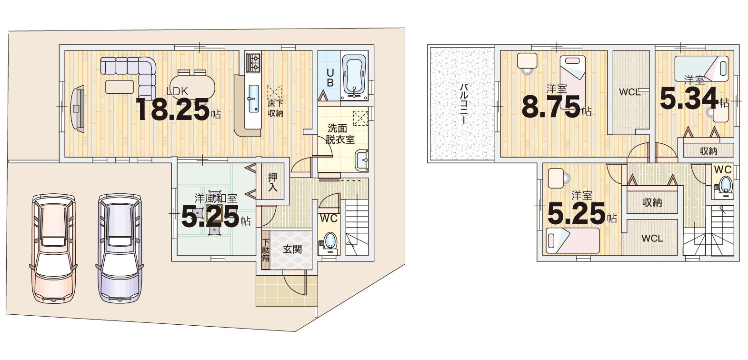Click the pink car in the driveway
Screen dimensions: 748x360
53,249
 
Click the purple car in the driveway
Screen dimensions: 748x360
120,249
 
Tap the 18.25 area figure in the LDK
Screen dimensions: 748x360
172,109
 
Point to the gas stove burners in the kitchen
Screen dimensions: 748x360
253,62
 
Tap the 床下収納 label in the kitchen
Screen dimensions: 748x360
275,108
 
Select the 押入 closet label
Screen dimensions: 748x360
272,182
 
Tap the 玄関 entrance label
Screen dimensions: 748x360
292,249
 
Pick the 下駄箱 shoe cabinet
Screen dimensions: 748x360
266,250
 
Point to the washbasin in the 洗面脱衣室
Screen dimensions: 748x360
362,161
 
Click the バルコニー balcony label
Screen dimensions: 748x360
464,104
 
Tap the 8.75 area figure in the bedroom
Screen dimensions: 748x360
551,107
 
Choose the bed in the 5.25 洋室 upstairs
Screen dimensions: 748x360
572,240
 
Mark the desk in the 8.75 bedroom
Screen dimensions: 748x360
527,61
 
